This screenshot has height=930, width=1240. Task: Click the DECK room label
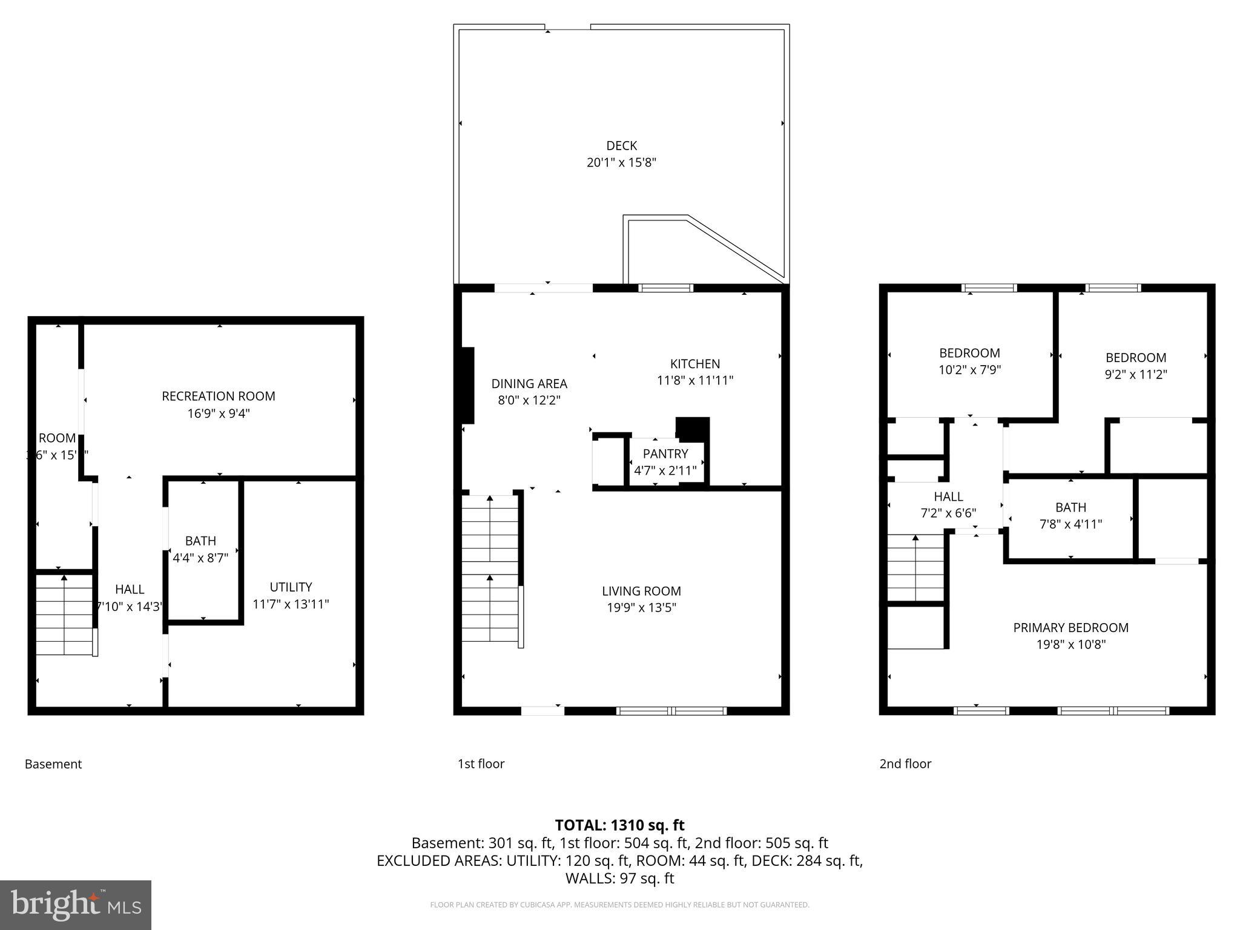[x=621, y=146]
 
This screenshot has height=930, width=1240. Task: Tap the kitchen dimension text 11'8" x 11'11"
[x=694, y=381]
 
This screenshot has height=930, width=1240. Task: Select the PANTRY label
[x=665, y=454]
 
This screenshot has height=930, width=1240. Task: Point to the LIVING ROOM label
[x=641, y=591]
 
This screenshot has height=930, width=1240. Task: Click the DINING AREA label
[x=529, y=384]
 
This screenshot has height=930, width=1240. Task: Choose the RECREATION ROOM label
[x=219, y=397]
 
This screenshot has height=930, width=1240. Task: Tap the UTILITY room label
[x=291, y=587]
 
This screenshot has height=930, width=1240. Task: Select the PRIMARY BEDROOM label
[x=1070, y=628]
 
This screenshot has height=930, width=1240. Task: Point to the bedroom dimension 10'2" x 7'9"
[x=969, y=370]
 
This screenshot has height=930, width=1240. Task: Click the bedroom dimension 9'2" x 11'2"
[x=1135, y=375]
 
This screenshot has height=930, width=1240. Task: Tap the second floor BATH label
[x=1070, y=507]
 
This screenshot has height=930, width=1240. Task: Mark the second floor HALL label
[x=948, y=497]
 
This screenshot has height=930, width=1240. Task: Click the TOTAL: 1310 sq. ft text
[x=619, y=825]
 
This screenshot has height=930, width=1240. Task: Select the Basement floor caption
[x=53, y=764]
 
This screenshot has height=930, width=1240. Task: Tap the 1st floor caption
[x=481, y=764]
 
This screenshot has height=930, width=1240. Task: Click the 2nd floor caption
[x=905, y=764]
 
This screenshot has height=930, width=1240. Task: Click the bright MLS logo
[x=76, y=905]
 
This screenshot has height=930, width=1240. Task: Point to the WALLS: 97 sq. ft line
[x=619, y=878]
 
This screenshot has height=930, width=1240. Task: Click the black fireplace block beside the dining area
[x=467, y=385]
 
